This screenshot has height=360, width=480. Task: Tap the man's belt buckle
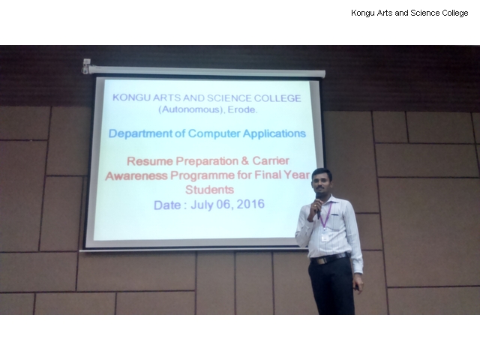click(x=321, y=261)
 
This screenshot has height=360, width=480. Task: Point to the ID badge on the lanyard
click(x=325, y=238)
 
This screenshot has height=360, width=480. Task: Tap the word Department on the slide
click(x=140, y=133)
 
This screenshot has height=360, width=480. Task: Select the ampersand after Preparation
click(x=245, y=160)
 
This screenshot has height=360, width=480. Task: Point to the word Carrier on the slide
click(x=271, y=160)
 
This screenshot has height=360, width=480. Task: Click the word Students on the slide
click(x=210, y=190)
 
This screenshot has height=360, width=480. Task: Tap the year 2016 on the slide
click(x=250, y=204)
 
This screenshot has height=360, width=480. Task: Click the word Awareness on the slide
click(x=136, y=176)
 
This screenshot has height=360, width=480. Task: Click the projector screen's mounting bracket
click(x=86, y=66)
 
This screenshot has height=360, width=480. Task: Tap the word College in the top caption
click(x=455, y=13)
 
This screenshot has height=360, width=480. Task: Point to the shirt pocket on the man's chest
click(x=334, y=220)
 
